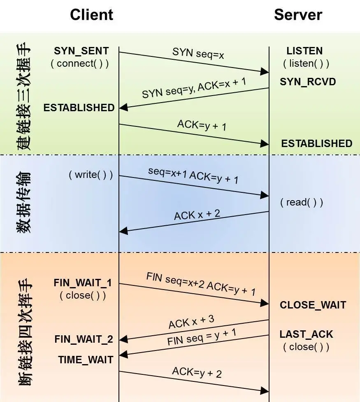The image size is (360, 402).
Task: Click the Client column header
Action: pos(91,15)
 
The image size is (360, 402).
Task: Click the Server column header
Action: pos(298,15)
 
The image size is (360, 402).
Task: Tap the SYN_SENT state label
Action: pos(81,51)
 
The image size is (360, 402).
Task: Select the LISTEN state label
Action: pos(304,51)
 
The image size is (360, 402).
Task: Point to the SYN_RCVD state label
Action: pos(308,82)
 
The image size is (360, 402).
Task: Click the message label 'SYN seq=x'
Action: pos(198,53)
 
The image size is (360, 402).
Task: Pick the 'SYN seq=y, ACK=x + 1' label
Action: pos(194,88)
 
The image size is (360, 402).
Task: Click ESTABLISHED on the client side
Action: pos(79,108)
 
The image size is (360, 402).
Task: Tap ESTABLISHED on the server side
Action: pos(316,143)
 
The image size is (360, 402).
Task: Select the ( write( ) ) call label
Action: pos(91,174)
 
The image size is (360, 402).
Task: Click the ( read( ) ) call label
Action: pos(302,202)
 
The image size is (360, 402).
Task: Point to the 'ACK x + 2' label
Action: pos(197,215)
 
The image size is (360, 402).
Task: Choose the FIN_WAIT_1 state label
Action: pos(83,283)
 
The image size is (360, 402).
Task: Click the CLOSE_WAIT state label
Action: pos(313,305)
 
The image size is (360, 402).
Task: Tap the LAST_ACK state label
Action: pos(307,334)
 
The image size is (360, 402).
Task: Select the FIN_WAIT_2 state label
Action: pos(84,339)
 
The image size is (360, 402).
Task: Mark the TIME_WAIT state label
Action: pos(86,360)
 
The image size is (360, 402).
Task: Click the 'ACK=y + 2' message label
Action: pos(197,372)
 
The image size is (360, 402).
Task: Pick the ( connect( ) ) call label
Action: pos(80,64)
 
